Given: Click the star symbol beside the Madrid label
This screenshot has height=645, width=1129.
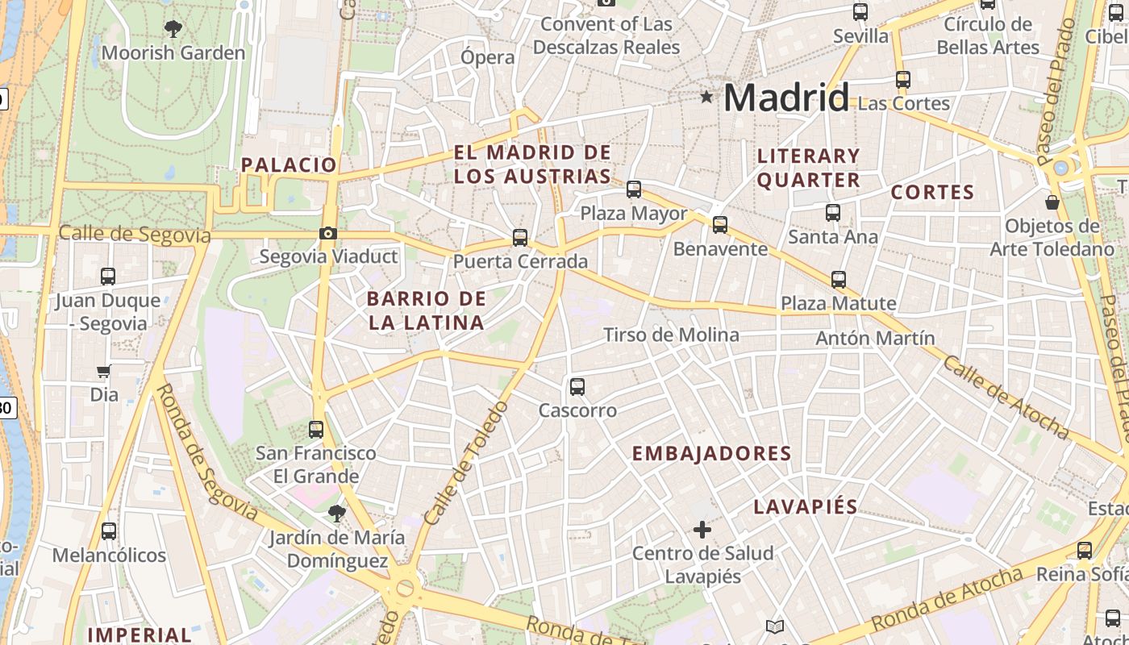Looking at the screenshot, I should (x=707, y=98).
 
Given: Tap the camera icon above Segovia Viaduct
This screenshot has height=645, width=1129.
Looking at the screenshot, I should (x=328, y=234).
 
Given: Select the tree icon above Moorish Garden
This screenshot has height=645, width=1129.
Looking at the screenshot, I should (x=173, y=30).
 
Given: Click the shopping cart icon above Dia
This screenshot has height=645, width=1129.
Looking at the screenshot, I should (x=103, y=372).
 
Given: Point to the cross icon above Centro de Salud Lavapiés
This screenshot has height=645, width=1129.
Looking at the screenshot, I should (x=702, y=530).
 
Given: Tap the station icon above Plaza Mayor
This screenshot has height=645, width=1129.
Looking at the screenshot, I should (x=634, y=189).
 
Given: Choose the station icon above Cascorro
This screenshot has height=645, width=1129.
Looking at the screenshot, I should (x=577, y=387).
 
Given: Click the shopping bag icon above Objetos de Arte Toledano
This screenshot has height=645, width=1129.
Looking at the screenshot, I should (x=1052, y=202).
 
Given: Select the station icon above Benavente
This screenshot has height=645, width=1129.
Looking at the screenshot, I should (x=720, y=225).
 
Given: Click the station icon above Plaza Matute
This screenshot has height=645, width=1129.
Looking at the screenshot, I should (x=839, y=280).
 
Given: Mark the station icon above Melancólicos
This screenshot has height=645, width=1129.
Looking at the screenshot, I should (x=109, y=532).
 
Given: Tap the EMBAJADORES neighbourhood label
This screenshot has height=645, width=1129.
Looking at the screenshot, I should (x=711, y=454).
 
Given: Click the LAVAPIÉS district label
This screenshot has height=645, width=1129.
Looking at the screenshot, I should (x=806, y=507).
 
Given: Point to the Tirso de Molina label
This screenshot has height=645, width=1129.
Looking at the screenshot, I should (x=671, y=335).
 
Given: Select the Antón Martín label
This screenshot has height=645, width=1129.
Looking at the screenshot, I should (x=875, y=338).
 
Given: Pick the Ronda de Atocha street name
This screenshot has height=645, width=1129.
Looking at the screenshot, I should (x=947, y=600).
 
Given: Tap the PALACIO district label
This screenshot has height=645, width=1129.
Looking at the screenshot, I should (x=289, y=165).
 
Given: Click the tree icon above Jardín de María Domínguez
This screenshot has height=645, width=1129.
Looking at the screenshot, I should (x=336, y=513).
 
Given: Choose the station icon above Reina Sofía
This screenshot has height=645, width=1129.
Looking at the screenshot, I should (x=1085, y=551).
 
